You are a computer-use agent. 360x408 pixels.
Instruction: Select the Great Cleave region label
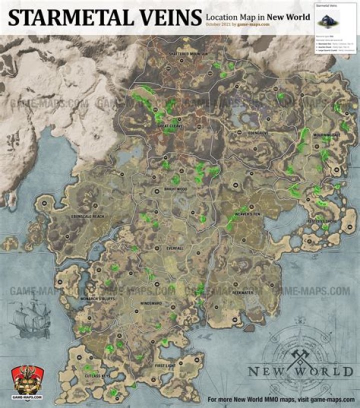170,126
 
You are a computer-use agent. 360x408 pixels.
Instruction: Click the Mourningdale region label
326,135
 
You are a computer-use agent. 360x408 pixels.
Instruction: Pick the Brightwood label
175,189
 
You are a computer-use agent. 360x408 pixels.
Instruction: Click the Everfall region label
175,248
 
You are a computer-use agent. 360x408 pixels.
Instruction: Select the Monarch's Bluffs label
97,298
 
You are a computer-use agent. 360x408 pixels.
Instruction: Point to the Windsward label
150,303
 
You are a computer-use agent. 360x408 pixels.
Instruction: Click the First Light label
165,366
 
